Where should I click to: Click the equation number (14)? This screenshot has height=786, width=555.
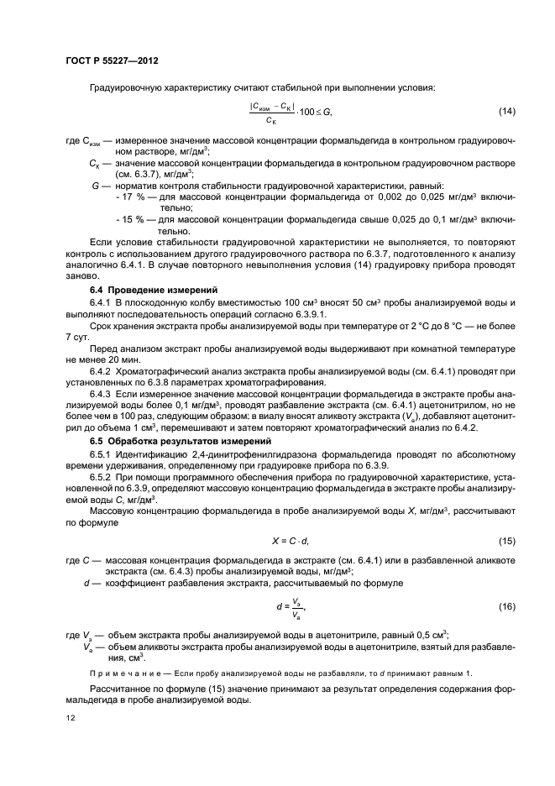coord(507,112)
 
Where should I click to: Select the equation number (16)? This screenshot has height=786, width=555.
coord(507,605)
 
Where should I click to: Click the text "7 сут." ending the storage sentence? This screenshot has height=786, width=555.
coord(78,336)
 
